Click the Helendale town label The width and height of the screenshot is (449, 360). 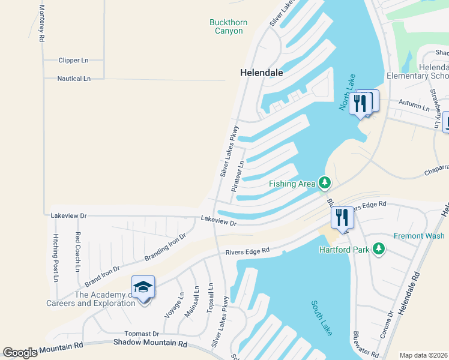click(x=261, y=72)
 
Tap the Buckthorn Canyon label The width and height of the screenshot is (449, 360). click(x=228, y=26)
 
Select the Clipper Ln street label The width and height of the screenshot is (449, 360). click(x=73, y=61)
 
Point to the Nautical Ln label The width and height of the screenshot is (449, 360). click(x=73, y=79)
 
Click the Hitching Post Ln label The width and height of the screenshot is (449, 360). click(x=55, y=258)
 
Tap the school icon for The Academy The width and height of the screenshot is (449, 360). click(x=143, y=288)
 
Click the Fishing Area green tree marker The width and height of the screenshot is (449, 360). click(x=325, y=181)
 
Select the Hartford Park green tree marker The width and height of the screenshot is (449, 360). click(x=378, y=248)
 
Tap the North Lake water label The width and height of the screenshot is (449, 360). click(x=348, y=94)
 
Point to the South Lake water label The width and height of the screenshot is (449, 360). click(x=322, y=318)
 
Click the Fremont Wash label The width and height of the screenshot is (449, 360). click(x=419, y=236)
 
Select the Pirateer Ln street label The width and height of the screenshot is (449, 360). click(x=238, y=176)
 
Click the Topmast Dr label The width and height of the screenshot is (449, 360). click(x=142, y=334)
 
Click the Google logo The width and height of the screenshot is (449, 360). click(x=20, y=353)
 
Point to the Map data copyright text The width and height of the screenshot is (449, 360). click(x=423, y=355)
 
